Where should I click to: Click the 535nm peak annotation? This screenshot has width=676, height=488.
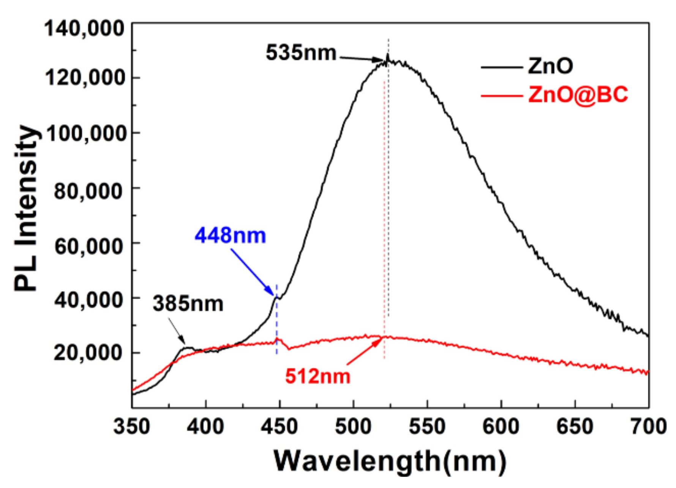coord(301,52)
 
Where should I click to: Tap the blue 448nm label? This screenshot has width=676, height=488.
coord(230,235)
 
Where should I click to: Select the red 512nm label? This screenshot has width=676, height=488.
coord(317,377)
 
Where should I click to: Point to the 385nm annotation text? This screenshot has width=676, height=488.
coord(188,304)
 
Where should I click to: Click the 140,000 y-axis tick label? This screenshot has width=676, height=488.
coord(84,29)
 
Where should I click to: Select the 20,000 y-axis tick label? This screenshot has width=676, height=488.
coord(88,352)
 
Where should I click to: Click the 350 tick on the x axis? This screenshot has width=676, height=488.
coord(132,426)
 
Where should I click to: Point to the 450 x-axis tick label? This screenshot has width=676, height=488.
coord(279,426)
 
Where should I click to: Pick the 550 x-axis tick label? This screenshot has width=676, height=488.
coord(427,426)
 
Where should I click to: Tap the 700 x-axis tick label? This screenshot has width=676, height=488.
coord(649,426)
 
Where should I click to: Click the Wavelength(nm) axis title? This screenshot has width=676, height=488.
coord(390,461)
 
